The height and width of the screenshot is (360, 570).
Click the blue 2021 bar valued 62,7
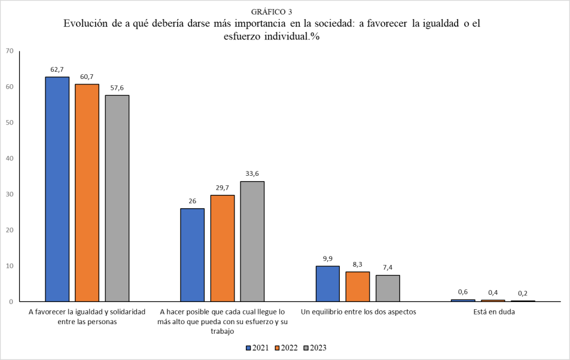57,188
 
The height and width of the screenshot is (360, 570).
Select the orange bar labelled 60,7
87,192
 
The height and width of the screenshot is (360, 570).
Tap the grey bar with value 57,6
117,198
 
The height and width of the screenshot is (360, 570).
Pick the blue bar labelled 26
192,255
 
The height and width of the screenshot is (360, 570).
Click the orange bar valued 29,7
222,248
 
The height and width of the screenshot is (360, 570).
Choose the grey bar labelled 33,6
252,241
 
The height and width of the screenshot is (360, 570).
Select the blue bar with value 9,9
327,283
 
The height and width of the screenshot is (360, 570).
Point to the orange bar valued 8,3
357,286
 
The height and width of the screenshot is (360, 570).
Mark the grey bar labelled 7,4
388,288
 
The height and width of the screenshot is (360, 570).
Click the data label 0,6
462,292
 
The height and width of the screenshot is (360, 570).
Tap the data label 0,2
523,293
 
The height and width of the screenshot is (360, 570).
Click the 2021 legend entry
257,347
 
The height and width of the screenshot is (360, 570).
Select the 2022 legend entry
286,347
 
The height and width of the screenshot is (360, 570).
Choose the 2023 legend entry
315,347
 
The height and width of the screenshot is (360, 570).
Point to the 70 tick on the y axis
10,51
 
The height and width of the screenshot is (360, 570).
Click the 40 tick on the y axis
10,158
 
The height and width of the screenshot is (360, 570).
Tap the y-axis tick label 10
10,266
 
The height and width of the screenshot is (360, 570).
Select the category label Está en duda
492,312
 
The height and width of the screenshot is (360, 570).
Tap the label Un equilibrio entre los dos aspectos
358,312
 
